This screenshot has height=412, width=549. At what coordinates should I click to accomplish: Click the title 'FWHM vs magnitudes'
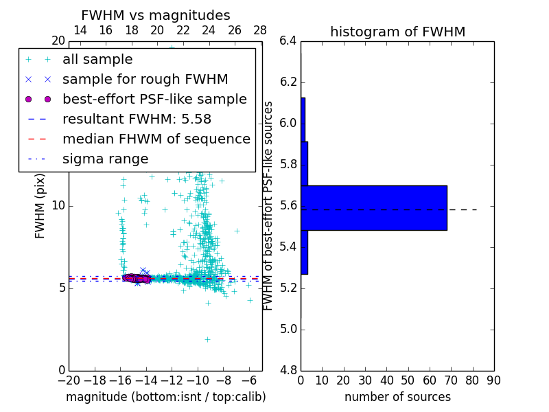tap(155, 16)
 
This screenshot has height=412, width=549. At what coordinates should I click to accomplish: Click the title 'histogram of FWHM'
tap(397, 32)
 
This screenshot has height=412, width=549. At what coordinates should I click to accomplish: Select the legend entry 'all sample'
tap(97, 60)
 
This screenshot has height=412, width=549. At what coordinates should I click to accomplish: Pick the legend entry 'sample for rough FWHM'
tap(145, 80)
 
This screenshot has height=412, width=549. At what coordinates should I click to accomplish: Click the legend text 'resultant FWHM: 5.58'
tap(137, 119)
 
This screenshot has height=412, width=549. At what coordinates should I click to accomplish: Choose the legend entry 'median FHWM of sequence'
tap(156, 139)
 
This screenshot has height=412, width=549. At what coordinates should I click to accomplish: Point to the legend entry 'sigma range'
tap(105, 159)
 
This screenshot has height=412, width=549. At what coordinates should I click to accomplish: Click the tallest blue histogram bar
tap(374, 208)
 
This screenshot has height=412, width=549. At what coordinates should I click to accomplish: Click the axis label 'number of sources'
tap(397, 397)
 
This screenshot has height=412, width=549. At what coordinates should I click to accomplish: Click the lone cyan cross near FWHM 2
tap(207, 339)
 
